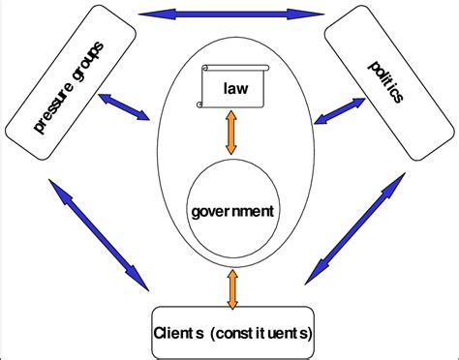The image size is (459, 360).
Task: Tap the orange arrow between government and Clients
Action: tap(230, 288)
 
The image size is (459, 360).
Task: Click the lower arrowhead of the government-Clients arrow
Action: tap(230, 301)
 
